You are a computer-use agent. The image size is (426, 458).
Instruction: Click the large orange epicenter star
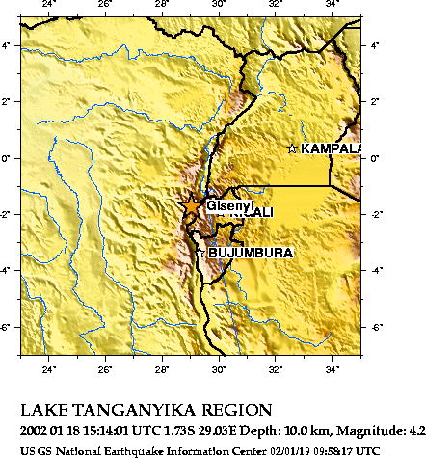coord(192,205)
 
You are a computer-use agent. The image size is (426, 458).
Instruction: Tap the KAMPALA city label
coord(331,149)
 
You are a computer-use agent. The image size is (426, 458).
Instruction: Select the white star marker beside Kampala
coord(293,148)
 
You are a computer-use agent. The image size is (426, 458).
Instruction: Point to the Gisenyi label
coord(229,205)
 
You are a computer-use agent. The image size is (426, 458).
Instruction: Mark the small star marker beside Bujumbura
coord(200,253)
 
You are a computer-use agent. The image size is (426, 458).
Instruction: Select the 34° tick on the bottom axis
coord(332,367)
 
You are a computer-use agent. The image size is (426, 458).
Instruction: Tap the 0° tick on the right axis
coord(375,157)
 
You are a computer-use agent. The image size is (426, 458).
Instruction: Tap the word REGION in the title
coord(238,409)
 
